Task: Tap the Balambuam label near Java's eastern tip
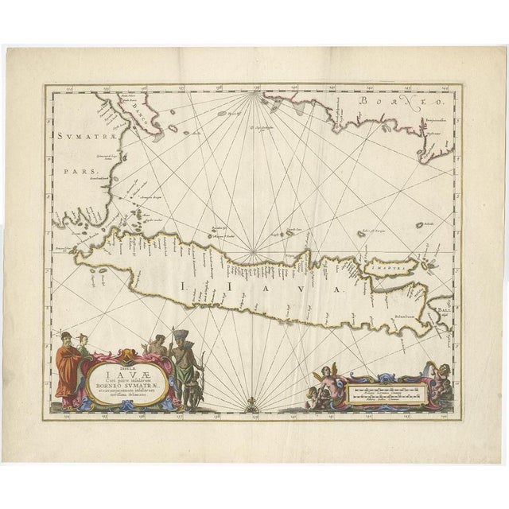(406, 318)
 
